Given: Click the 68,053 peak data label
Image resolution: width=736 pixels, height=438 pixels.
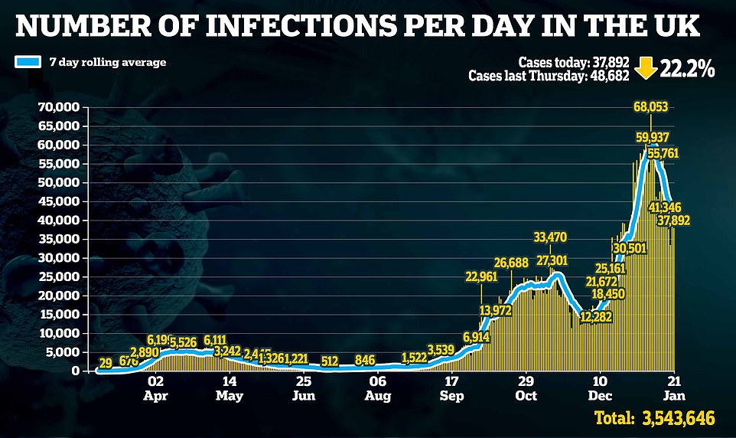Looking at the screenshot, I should click(x=652, y=106).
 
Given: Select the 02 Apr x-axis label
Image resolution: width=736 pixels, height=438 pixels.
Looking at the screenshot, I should click(x=155, y=388).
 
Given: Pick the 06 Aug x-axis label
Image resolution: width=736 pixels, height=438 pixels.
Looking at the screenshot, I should click(x=378, y=388).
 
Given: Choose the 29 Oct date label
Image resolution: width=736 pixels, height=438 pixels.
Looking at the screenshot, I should click(x=526, y=388).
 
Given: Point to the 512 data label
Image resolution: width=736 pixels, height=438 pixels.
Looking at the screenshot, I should click(x=330, y=361).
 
